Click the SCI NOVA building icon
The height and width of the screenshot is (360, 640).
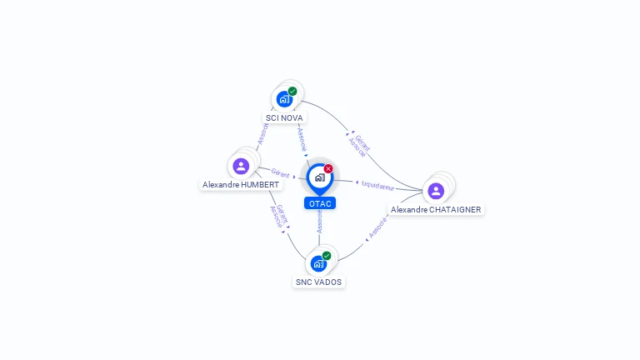coord(284,99)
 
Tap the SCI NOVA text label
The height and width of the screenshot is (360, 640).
coord(284,118)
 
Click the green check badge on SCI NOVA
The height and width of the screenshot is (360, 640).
coord(292,91)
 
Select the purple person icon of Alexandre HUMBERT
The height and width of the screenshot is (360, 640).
coord(241,166)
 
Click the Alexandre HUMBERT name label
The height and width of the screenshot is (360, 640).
coord(242,184)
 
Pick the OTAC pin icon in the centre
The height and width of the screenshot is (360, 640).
coord(319,177)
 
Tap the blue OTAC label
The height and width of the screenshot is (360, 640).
coord(320,203)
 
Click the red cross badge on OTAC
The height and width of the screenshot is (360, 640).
coord(328,168)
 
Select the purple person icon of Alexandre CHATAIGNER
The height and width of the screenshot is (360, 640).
coord(436,191)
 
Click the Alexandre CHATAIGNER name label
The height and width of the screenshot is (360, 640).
coord(436,210)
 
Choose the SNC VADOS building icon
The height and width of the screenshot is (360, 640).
coord(318,263)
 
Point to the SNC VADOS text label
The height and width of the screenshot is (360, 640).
coord(318,282)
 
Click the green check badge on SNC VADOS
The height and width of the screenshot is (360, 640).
coord(327,256)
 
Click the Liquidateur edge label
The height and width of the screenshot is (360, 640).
coord(378,185)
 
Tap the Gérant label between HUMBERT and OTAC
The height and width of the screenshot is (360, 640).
coord(280,173)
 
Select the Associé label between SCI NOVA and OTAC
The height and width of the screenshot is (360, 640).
coord(302,138)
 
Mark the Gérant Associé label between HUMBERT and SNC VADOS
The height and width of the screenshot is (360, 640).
coord(278,216)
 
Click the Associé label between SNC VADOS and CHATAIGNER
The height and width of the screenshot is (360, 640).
coord(377,227)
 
